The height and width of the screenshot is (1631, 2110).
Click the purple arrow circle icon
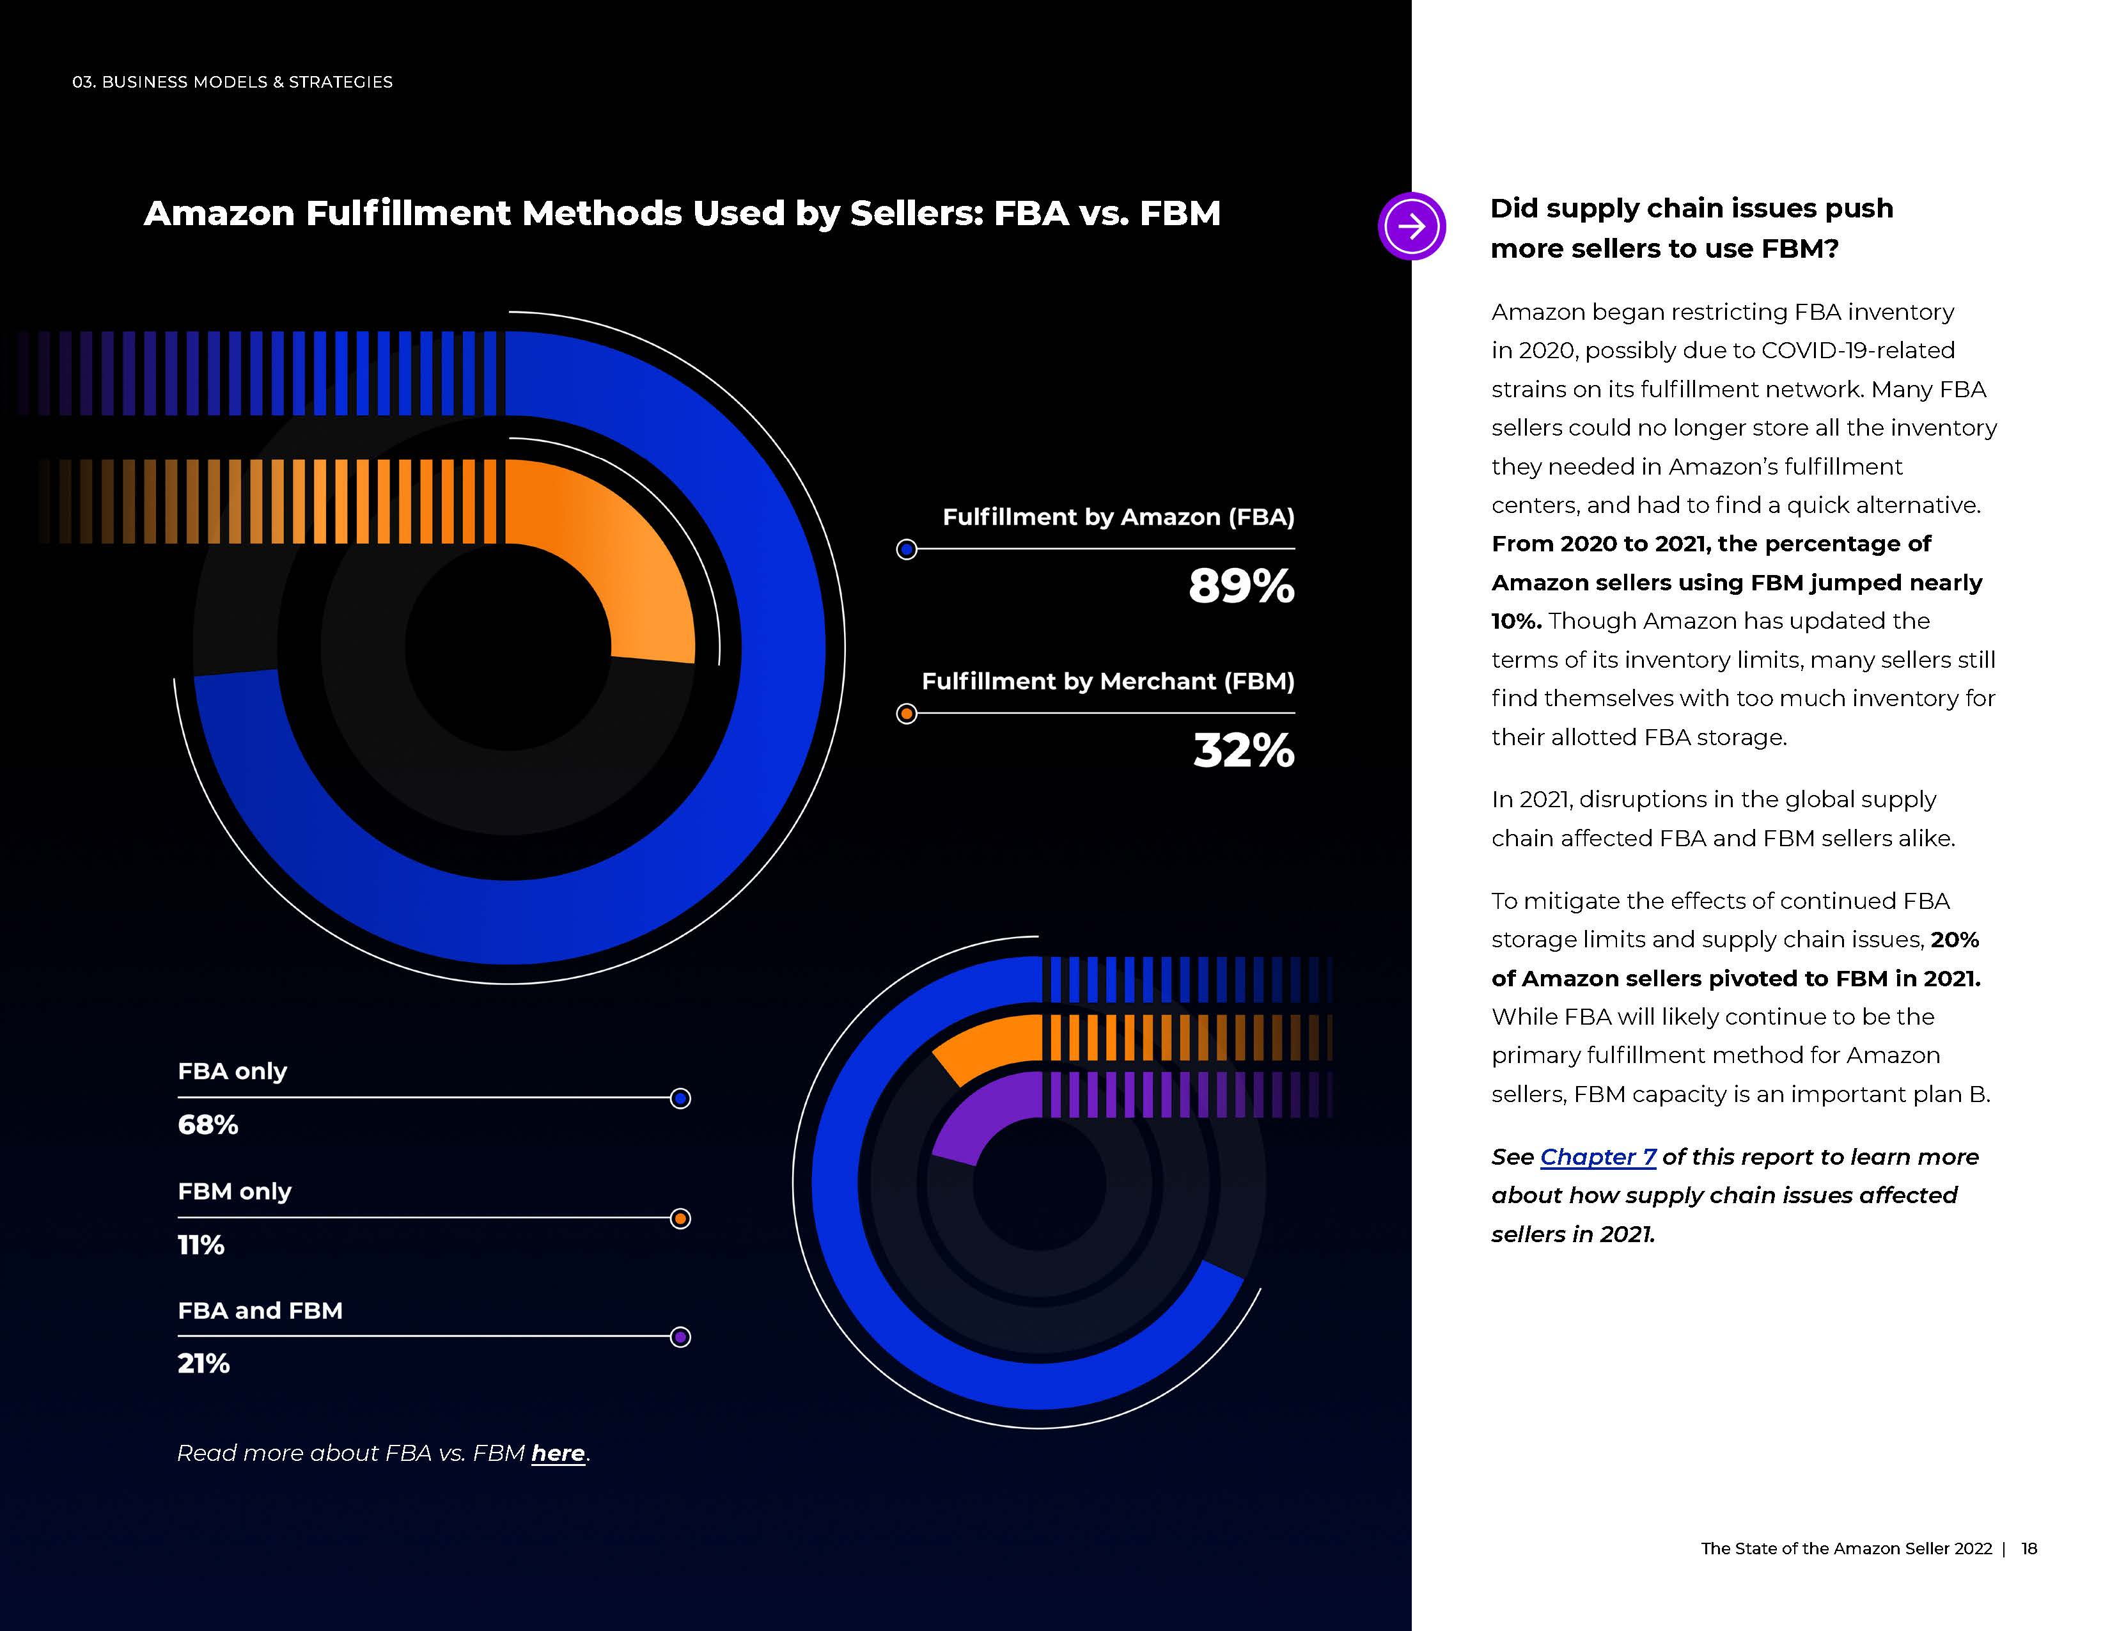[1412, 226]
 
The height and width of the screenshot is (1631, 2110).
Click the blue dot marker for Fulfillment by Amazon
[906, 550]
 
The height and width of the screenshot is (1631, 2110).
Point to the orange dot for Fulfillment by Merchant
[906, 714]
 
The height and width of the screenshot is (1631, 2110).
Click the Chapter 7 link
[1598, 1156]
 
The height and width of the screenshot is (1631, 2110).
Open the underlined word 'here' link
[558, 1453]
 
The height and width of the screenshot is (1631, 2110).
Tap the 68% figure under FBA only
[208, 1124]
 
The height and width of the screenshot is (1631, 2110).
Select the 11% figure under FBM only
[201, 1245]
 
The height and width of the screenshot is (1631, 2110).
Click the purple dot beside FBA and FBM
[680, 1337]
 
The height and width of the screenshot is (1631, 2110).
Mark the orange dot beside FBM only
[680, 1218]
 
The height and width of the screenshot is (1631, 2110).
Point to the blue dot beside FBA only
[680, 1099]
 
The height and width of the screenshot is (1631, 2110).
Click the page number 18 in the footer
[2029, 1548]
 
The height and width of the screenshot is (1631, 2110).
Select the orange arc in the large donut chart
[618, 551]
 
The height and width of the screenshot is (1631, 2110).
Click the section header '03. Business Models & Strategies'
[233, 82]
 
